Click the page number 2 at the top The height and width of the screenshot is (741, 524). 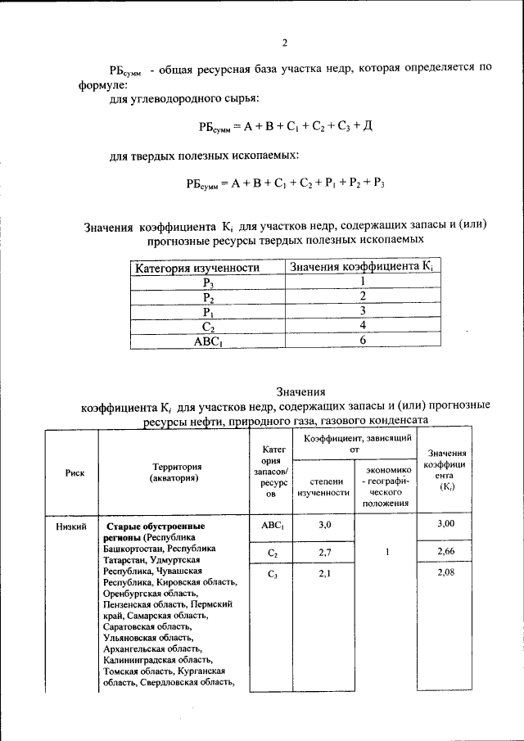pyautogui.click(x=283, y=43)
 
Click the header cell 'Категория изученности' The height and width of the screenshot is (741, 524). pyautogui.click(x=197, y=267)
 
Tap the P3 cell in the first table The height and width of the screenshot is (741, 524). pyautogui.click(x=209, y=282)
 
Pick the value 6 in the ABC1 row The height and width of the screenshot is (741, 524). pyautogui.click(x=362, y=341)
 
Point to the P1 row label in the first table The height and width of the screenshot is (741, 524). pyautogui.click(x=209, y=312)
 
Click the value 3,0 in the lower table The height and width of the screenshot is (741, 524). pyautogui.click(x=324, y=524)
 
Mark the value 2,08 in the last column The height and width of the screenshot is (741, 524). pyautogui.click(x=445, y=573)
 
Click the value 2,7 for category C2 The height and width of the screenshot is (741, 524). pyautogui.click(x=324, y=553)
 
